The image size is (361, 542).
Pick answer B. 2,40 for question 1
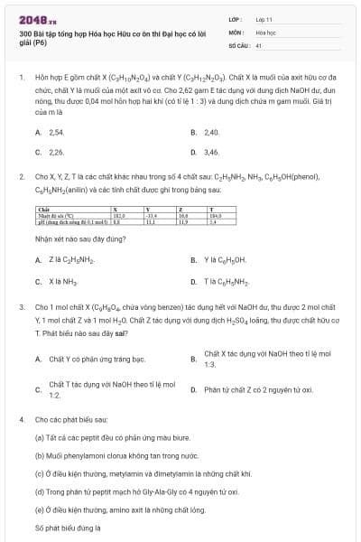pos(212,132)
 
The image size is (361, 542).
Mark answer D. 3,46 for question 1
pos(212,153)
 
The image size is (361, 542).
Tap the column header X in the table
pos(115,209)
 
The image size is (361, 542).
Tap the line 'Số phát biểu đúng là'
pos(68,528)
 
